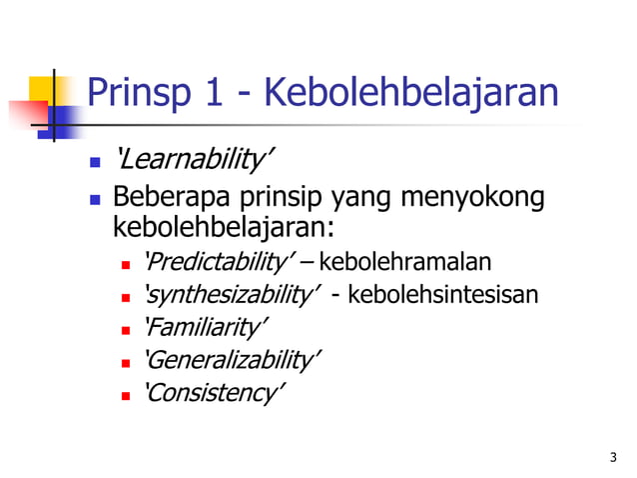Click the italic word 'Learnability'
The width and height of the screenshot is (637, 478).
[x=195, y=160]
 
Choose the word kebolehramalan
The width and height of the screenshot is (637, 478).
[x=405, y=263]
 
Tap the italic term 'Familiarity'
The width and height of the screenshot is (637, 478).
[x=207, y=327]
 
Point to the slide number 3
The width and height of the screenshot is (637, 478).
[x=612, y=457]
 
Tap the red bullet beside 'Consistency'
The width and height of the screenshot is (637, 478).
[x=127, y=394]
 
